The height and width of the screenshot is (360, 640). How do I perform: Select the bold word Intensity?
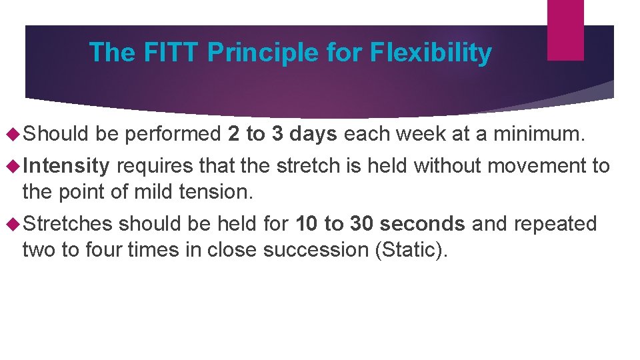[x=66, y=165]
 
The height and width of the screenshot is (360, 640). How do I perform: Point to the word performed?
[x=173, y=135]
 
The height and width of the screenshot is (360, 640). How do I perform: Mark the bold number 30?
[x=361, y=223]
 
